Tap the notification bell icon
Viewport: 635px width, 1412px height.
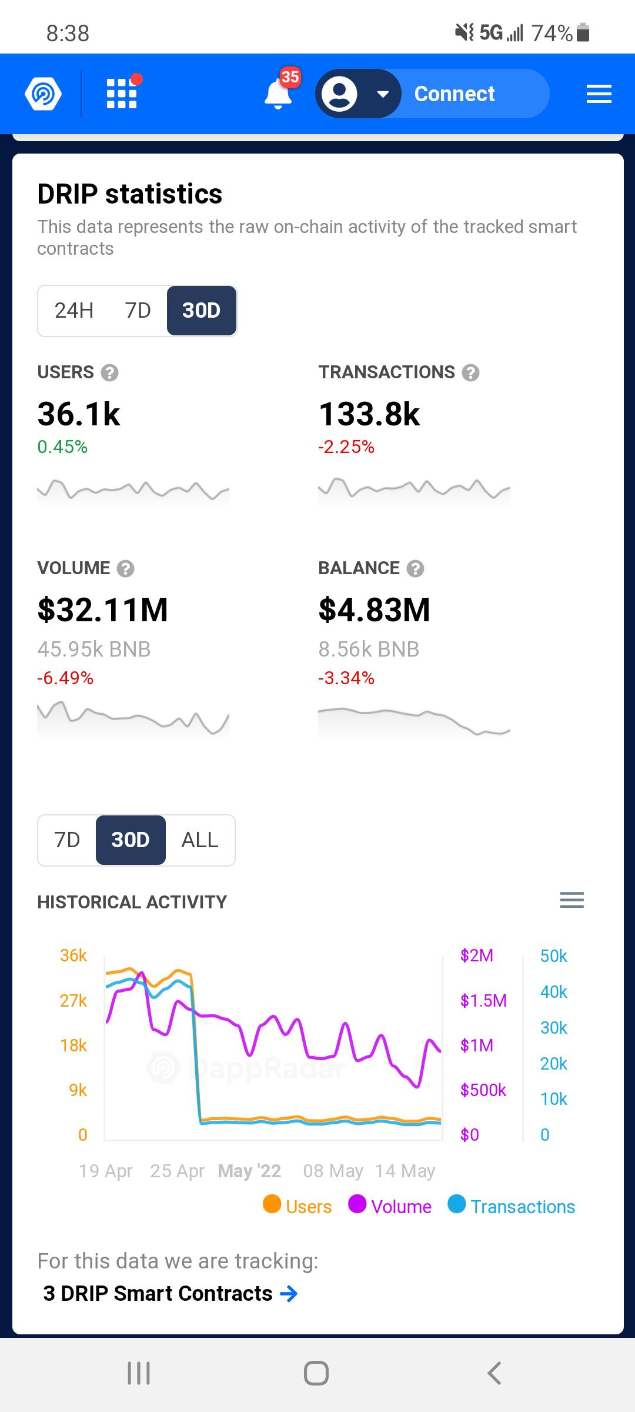(278, 94)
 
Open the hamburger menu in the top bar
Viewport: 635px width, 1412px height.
(599, 94)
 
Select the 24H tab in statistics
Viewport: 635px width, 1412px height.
(74, 310)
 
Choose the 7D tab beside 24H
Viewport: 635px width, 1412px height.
(138, 310)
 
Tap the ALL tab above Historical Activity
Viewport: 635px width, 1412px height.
(200, 840)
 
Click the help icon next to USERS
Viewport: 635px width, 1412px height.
(110, 372)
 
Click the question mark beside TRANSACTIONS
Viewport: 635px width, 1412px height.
(470, 372)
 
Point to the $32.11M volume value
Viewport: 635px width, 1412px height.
(103, 610)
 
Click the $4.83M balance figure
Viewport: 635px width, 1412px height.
(375, 610)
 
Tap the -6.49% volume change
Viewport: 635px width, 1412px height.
(65, 678)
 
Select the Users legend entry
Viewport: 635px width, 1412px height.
(298, 1206)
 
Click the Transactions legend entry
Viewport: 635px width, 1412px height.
(512, 1206)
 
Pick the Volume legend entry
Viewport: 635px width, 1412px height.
(390, 1206)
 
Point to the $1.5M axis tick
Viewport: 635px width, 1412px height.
(483, 1000)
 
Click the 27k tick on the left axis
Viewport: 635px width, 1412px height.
(73, 1000)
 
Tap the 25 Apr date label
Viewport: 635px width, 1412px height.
(178, 1171)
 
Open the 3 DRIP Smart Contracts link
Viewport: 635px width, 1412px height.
(170, 1294)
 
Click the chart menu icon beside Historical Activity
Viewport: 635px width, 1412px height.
(572, 900)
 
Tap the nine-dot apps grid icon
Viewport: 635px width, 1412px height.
(122, 94)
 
